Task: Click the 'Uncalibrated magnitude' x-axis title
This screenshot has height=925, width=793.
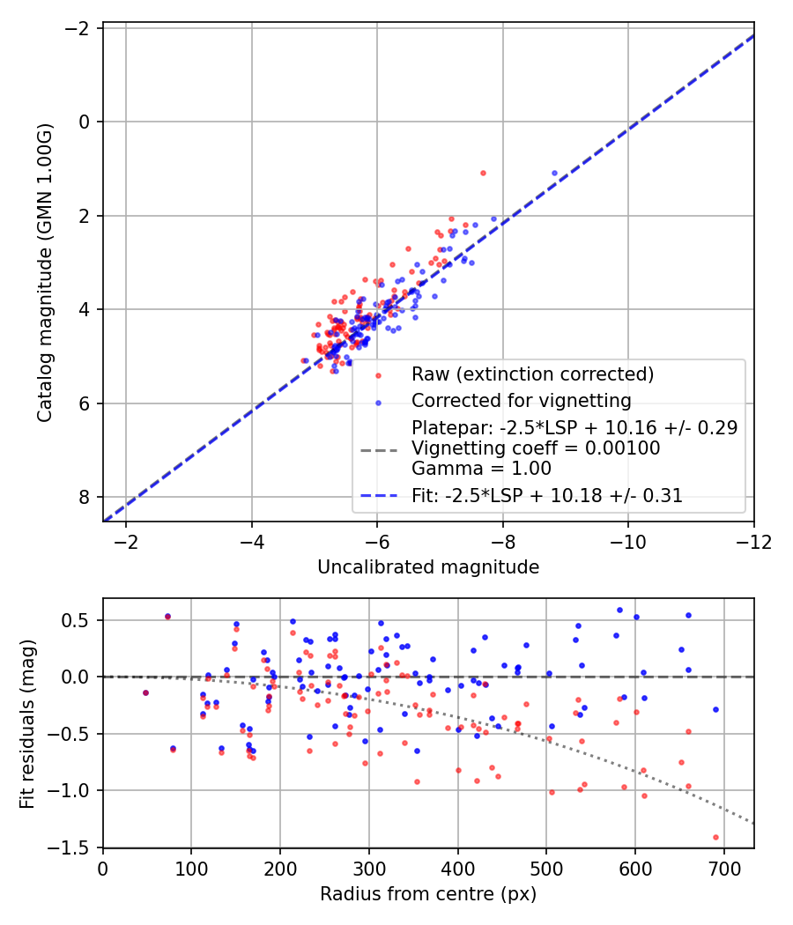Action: pos(428,567)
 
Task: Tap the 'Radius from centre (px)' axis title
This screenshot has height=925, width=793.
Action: pos(428,894)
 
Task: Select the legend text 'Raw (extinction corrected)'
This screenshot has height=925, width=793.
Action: pos(532,374)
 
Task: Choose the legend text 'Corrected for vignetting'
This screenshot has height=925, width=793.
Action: pos(522,401)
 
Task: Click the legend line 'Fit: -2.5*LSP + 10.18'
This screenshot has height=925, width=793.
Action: pos(547,495)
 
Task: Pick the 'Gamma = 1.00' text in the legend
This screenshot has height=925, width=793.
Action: pos(481,469)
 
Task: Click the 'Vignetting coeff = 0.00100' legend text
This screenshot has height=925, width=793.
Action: pos(536,448)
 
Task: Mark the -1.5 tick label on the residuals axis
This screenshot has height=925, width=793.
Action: pos(76,847)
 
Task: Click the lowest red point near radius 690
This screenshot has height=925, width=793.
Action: pos(715,837)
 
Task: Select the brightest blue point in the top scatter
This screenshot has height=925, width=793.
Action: pos(554,173)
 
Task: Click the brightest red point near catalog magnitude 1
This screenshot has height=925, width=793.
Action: pos(483,173)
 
